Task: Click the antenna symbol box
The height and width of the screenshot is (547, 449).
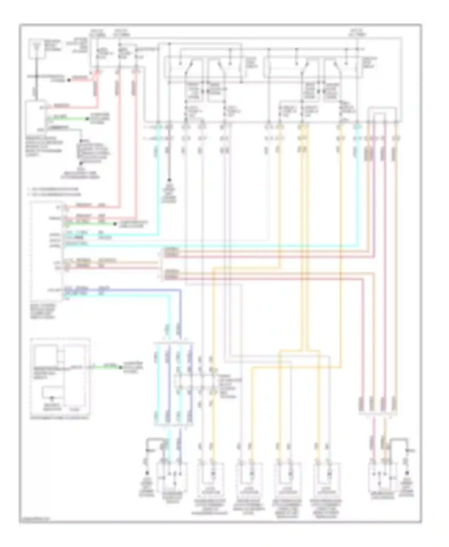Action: [x=37, y=48]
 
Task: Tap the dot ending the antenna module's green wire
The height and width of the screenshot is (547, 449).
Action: [x=87, y=119]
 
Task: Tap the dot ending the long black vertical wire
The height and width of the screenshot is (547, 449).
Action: [x=169, y=180]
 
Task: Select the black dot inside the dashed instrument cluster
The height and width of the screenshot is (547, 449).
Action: [x=52, y=398]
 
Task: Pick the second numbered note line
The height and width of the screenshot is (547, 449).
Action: [x=54, y=195]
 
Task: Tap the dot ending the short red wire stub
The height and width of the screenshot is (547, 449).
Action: [x=69, y=80]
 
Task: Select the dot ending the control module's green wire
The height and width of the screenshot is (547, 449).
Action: [x=115, y=224]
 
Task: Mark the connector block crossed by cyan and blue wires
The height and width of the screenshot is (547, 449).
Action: [x=173, y=384]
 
